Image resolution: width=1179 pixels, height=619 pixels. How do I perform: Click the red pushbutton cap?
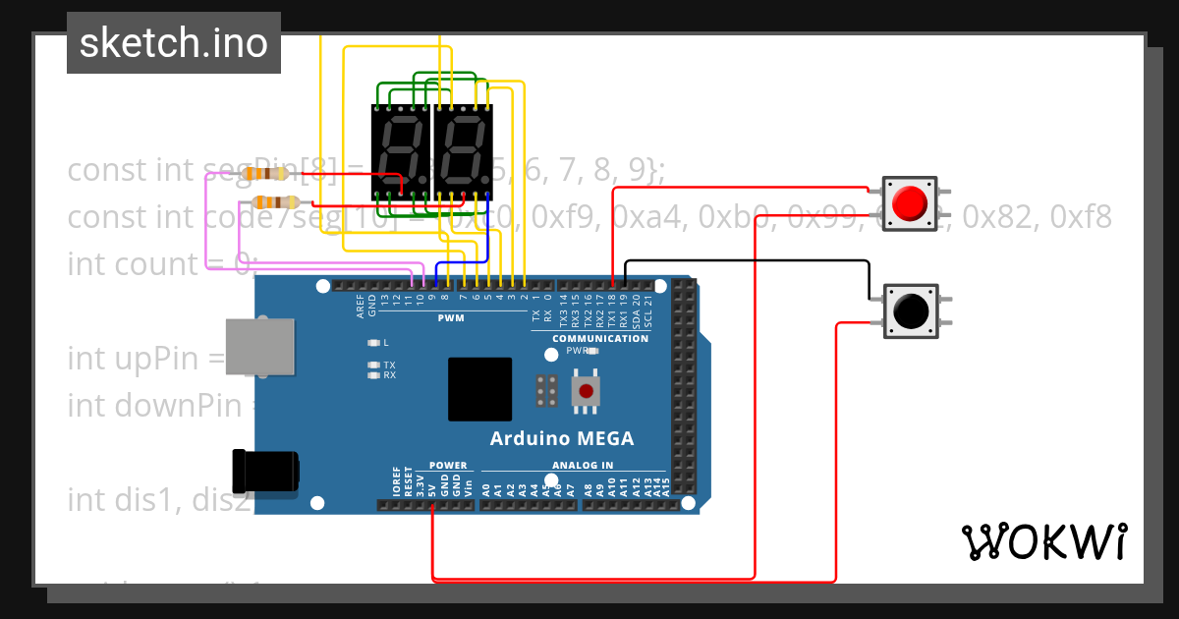pos(910,202)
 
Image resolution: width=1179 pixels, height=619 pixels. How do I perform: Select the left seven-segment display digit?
pos(401,151)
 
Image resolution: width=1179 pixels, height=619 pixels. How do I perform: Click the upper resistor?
pos(266,174)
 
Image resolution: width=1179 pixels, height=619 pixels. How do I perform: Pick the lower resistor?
pos(276,202)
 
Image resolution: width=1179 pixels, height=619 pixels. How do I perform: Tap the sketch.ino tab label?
pos(174,43)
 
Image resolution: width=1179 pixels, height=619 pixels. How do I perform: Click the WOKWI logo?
pos(1042,541)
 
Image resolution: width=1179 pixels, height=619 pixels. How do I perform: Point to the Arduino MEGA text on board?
pos(562,438)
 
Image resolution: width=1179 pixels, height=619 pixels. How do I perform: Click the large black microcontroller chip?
pos(479,389)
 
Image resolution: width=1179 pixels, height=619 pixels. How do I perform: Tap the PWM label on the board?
pos(451,318)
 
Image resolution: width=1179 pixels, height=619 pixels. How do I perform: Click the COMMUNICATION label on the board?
pos(599,338)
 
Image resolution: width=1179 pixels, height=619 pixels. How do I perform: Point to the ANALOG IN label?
pos(583,466)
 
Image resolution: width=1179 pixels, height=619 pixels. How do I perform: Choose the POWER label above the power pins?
pos(448,466)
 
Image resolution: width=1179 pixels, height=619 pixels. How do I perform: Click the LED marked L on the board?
pos(373,343)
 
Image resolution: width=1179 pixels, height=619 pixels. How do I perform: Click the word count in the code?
pos(156,263)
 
